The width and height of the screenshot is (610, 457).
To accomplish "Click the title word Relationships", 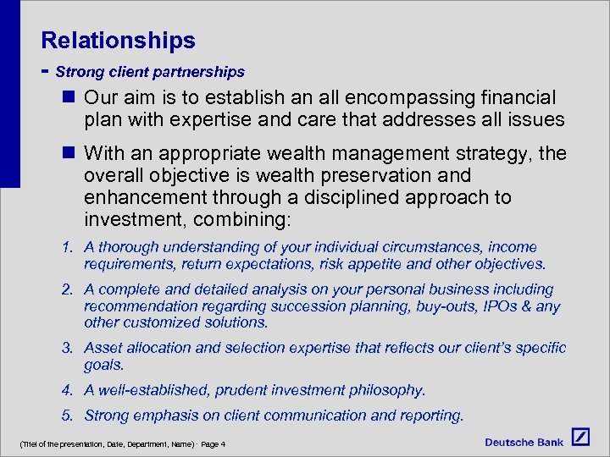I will (118, 40).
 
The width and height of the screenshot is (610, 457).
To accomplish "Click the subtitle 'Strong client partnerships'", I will (150, 72).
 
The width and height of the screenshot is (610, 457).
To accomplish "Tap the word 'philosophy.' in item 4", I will (385, 390).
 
